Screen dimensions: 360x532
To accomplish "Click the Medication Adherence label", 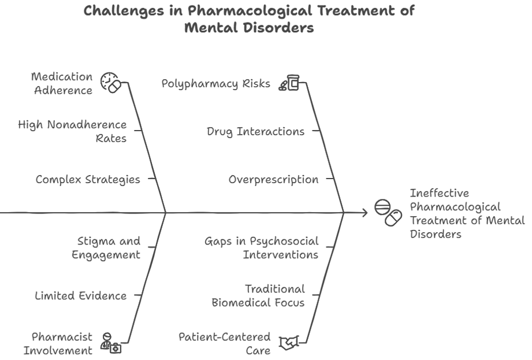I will pos(62,83).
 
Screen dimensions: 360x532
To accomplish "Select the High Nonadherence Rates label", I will pos(72,131).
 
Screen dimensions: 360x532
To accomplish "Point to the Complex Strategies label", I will pos(88,179).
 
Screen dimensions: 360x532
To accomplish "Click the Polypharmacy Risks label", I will pos(215,83).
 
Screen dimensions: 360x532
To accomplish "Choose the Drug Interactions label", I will pos(255,131).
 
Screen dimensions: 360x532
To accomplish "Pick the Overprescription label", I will pos(273,179).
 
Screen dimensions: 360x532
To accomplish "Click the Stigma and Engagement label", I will pos(106,248).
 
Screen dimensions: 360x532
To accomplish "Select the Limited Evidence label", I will pos(81,295).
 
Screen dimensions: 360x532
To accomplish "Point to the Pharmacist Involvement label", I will pos(61,343).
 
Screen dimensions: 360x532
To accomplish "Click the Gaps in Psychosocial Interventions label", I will pos(261,248).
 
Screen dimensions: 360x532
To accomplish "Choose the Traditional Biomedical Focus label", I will pos(258,295).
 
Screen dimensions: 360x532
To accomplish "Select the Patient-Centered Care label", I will pos(224,343).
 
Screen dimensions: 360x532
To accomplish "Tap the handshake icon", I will pos(289,344).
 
